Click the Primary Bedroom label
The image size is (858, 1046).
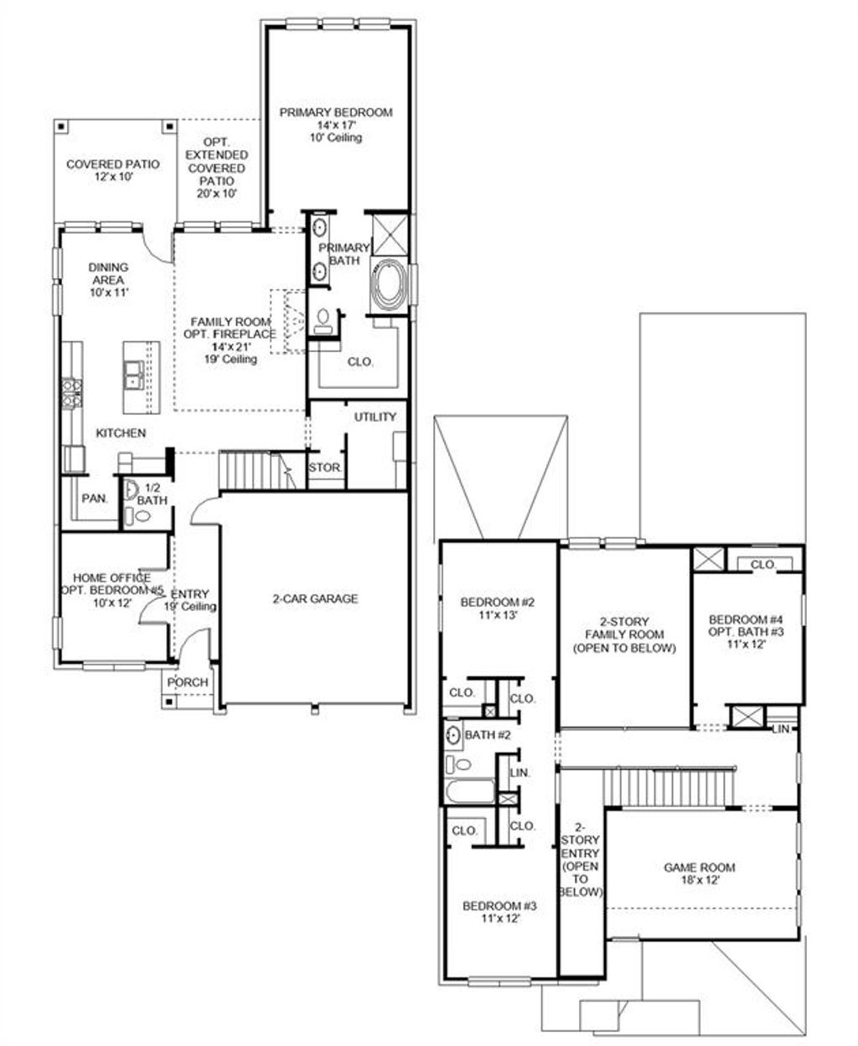click(335, 112)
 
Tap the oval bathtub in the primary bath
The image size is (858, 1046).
click(388, 287)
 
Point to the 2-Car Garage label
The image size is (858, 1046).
click(315, 598)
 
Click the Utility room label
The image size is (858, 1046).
click(375, 417)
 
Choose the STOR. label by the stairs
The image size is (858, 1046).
click(324, 468)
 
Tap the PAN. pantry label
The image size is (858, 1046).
click(95, 498)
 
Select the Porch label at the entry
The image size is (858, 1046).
click(188, 681)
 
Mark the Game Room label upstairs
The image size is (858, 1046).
click(699, 874)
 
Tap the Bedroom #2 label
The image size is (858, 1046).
click(498, 608)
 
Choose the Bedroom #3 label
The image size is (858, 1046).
click(499, 913)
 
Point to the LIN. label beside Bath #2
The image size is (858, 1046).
click(519, 773)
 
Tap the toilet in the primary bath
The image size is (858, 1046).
click(323, 318)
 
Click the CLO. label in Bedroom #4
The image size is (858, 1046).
click(762, 565)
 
